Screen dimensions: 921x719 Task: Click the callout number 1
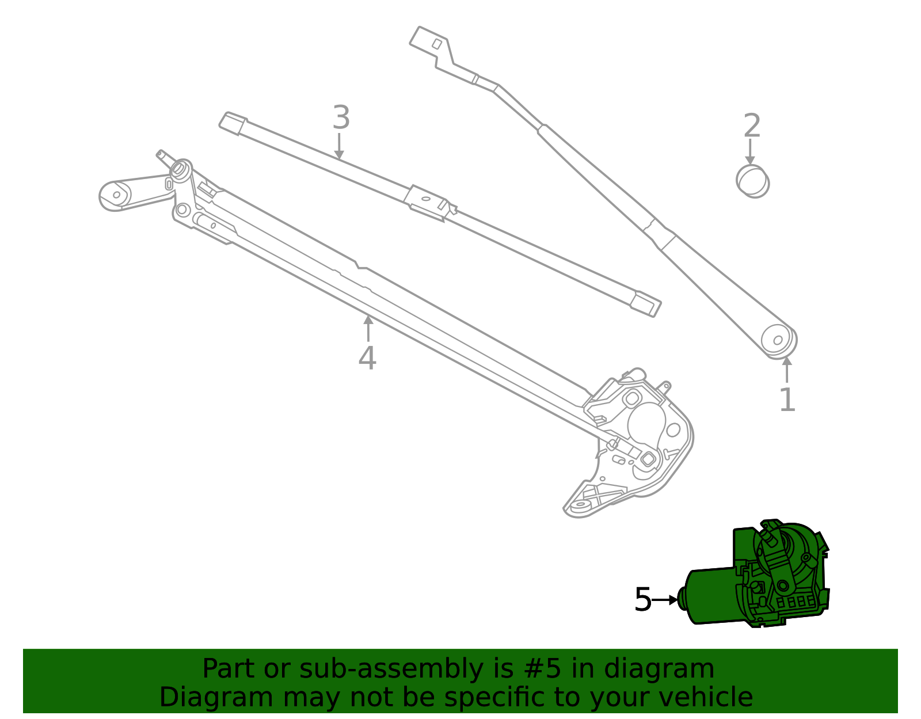pyautogui.click(x=787, y=400)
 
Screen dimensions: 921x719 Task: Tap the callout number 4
pyautogui.click(x=367, y=358)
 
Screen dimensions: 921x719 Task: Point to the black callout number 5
pyautogui.click(x=642, y=600)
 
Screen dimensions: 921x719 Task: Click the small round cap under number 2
pyautogui.click(x=752, y=181)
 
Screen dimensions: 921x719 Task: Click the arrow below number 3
pyautogui.click(x=340, y=146)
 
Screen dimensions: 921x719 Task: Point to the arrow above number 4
pyautogui.click(x=368, y=328)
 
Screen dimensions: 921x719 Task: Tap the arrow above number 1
pyautogui.click(x=787, y=369)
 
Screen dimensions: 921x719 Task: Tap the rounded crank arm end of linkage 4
pyautogui.click(x=115, y=195)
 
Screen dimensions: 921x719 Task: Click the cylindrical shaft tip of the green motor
pyautogui.click(x=682, y=599)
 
